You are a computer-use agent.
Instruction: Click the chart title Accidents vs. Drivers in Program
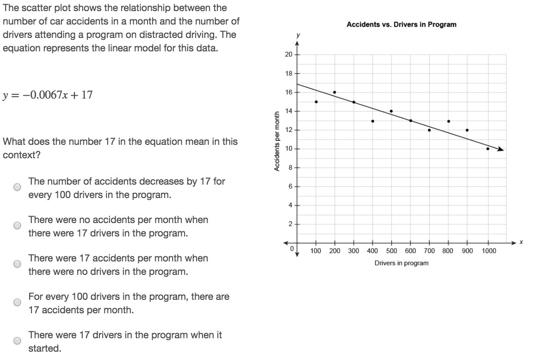(401, 25)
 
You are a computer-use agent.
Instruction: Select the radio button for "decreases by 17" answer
(17, 187)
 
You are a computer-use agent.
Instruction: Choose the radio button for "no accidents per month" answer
(17, 226)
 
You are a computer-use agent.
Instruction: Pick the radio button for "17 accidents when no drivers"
(17, 264)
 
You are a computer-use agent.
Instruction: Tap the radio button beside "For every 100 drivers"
(17, 303)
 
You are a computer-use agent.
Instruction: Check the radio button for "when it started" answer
(17, 341)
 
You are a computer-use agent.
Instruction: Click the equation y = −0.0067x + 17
(48, 95)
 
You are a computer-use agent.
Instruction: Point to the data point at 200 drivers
(334, 92)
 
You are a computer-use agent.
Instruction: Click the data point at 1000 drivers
(488, 149)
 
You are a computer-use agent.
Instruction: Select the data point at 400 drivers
(372, 121)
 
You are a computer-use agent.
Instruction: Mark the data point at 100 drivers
(316, 102)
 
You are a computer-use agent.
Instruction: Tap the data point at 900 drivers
(467, 130)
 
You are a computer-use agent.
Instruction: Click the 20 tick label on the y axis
(289, 55)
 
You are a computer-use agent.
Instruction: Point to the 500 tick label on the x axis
(392, 251)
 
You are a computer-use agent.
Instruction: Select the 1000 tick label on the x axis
(489, 251)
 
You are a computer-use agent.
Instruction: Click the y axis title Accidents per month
(277, 141)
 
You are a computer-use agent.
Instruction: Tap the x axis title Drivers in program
(401, 263)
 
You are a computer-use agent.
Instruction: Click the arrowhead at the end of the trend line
(501, 149)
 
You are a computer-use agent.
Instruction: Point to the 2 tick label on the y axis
(290, 224)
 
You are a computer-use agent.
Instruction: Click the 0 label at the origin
(292, 249)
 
